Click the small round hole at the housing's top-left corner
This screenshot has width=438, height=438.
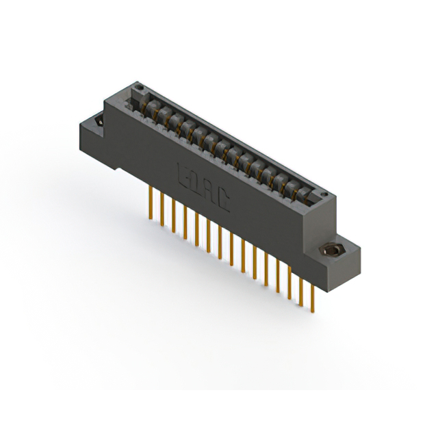pos(140,88)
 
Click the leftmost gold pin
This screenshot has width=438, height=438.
pos(150,203)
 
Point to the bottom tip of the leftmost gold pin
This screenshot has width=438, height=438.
pos(150,218)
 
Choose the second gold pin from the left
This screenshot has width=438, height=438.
pos(162,209)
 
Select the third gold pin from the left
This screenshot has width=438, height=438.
pos(173,216)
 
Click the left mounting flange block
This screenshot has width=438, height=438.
pos(96,137)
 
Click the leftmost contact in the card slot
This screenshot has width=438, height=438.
pos(151,106)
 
